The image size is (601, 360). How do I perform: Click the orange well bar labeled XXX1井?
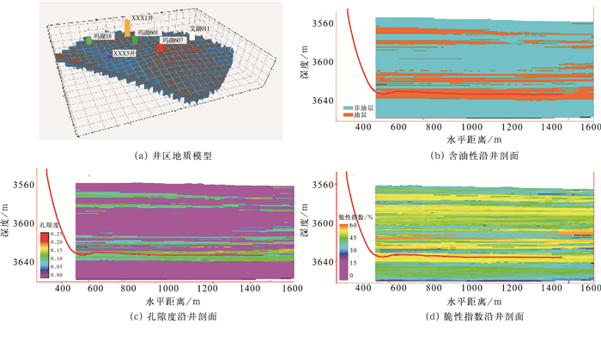128,28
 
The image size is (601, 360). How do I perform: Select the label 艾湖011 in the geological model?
198,29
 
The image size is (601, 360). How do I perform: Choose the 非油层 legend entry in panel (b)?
355,106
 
